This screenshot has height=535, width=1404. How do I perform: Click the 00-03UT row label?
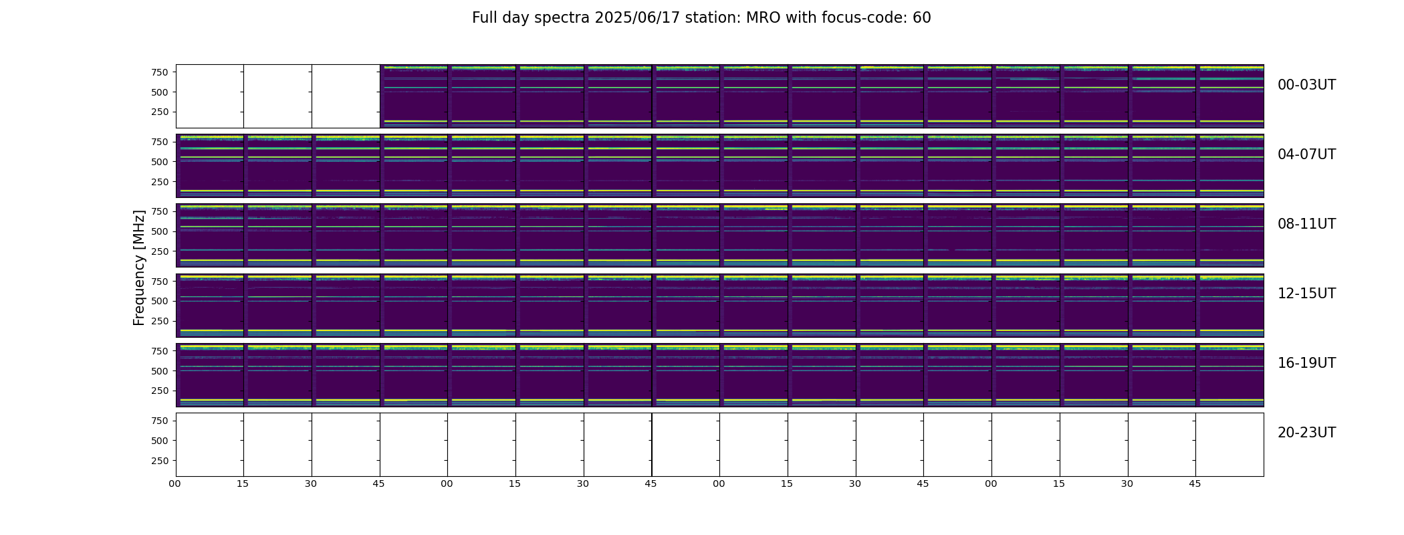pos(1306,85)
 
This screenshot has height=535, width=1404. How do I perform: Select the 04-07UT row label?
pos(1306,154)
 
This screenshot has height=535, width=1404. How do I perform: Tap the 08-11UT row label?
pos(1306,224)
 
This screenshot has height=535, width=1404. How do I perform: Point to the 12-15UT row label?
pos(1306,294)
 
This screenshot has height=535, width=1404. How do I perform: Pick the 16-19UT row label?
pos(1306,363)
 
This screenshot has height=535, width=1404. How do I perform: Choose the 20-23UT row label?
pos(1306,433)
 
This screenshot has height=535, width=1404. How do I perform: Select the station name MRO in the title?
pos(759,18)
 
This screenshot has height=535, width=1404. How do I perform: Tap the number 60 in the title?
pos(922,18)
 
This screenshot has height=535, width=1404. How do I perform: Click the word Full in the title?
pos(484,18)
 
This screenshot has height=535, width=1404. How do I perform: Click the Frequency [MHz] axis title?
pos(139,267)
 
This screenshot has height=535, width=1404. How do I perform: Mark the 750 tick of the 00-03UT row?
pos(160,72)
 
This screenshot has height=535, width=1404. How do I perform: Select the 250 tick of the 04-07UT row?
pos(160,182)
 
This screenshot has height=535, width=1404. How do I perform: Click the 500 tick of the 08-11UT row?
pos(160,231)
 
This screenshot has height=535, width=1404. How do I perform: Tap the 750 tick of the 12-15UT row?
pos(160,282)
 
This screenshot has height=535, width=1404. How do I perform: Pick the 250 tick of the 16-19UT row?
pos(160,391)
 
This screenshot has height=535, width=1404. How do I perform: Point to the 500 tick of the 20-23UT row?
pos(160,441)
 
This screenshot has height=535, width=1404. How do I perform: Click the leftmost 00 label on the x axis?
pos(175,484)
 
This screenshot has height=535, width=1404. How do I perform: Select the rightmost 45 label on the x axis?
pos(1195,484)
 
